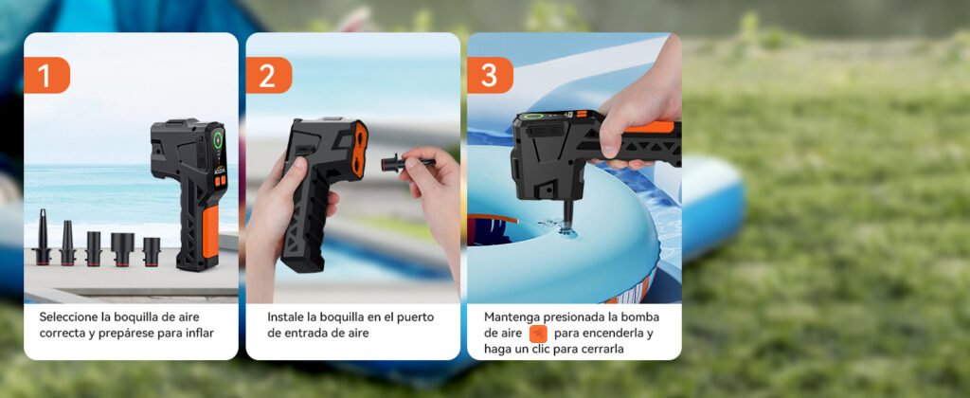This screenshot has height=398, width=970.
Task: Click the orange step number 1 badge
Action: click(x=46, y=74)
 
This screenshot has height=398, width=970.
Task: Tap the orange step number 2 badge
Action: click(x=268, y=75)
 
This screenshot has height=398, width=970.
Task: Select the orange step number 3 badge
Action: click(x=489, y=75)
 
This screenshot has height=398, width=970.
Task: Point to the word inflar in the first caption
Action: click(x=198, y=333)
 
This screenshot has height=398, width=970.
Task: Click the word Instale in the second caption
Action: click(x=287, y=317)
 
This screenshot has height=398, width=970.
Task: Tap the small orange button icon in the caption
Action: click(x=538, y=334)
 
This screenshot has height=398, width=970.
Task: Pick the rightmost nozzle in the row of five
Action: click(x=152, y=250)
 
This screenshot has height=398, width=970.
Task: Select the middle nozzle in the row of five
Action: click(x=94, y=247)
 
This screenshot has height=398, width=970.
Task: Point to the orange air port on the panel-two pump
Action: click(x=358, y=149)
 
